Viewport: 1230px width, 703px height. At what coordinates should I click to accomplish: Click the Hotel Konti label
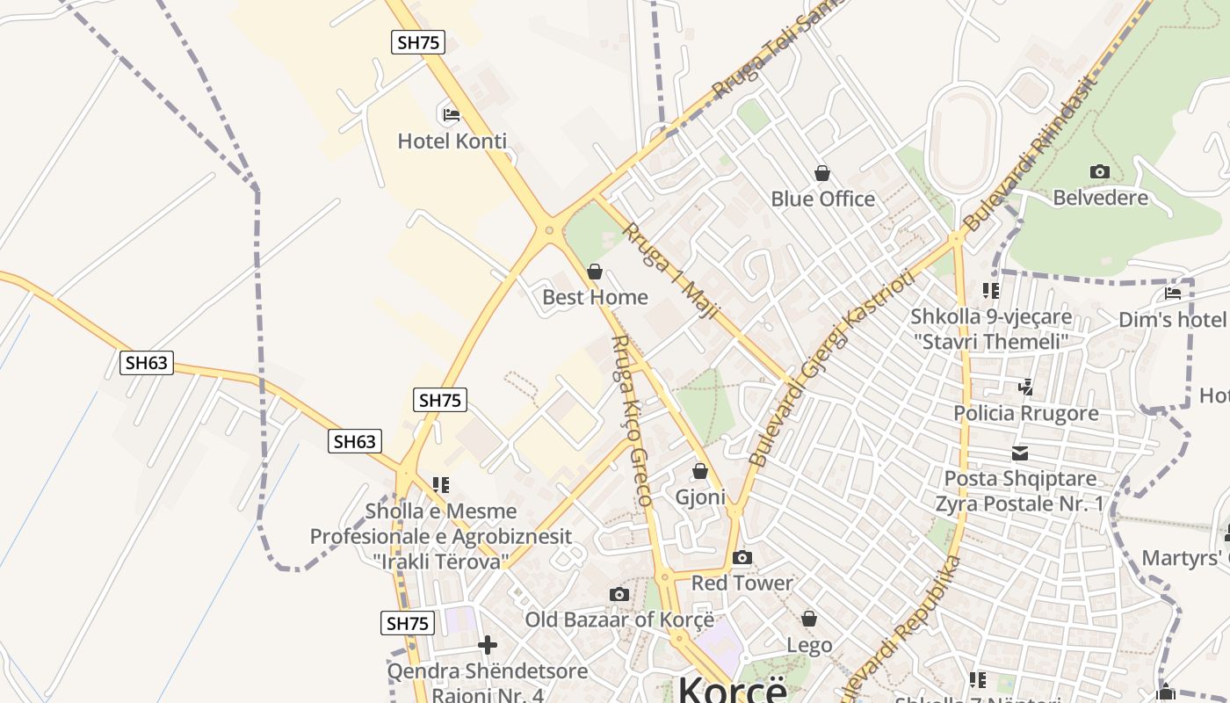452,141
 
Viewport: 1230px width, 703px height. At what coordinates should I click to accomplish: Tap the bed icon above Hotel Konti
451,114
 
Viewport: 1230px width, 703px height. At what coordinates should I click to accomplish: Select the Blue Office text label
822,199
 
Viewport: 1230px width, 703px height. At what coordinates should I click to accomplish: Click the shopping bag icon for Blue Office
822,173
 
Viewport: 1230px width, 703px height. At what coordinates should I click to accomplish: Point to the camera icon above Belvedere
1099,171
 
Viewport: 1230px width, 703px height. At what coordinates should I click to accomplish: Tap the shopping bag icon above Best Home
595,272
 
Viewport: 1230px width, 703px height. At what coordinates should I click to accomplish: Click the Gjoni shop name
700,497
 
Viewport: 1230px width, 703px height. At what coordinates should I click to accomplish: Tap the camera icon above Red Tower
742,557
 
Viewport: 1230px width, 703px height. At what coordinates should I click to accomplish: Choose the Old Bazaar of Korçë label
619,620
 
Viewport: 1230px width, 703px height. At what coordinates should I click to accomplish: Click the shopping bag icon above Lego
809,620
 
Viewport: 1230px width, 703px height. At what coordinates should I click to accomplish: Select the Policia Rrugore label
1026,413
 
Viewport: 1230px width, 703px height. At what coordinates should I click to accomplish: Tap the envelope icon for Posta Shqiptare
1020,453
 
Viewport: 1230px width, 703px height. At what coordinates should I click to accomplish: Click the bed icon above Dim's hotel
1173,294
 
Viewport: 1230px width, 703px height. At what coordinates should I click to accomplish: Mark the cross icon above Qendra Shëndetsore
487,646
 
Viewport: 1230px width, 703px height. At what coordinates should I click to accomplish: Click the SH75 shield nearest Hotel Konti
418,42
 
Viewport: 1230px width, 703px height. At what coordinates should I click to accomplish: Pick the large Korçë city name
732,689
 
